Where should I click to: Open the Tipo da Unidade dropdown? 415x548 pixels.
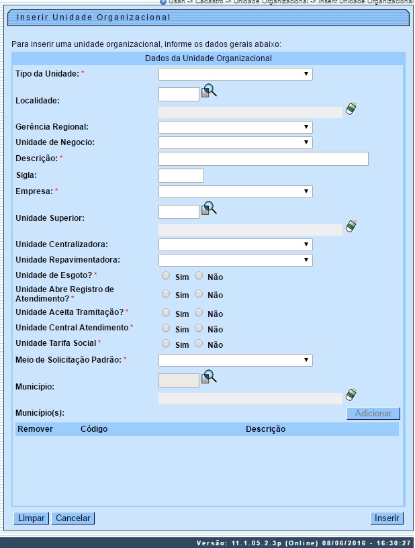pyautogui.click(x=235, y=74)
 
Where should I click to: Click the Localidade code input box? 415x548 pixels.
pyautogui.click(x=179, y=94)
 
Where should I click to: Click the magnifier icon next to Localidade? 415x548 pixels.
pyautogui.click(x=210, y=91)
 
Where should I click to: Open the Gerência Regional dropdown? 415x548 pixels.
pyautogui.click(x=235, y=127)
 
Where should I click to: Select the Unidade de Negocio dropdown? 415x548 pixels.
pyautogui.click(x=235, y=142)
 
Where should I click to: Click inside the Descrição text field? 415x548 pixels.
pyautogui.click(x=263, y=158)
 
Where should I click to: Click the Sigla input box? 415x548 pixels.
pyautogui.click(x=181, y=175)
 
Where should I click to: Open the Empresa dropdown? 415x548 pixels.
pyautogui.click(x=235, y=191)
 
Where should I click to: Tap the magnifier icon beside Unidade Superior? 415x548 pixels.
pyautogui.click(x=210, y=208)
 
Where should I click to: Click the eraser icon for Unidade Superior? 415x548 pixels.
pyautogui.click(x=351, y=226)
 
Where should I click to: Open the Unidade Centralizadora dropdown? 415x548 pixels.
pyautogui.click(x=235, y=244)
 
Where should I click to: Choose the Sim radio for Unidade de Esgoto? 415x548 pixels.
pyautogui.click(x=166, y=275)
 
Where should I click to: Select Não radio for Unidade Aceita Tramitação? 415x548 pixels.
pyautogui.click(x=199, y=312)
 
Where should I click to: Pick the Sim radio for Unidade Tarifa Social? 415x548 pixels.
pyautogui.click(x=166, y=343)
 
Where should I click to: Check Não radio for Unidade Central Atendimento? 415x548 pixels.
pyautogui.click(x=199, y=328)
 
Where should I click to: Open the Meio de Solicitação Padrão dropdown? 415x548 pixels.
pyautogui.click(x=235, y=361)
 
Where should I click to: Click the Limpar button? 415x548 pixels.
pyautogui.click(x=31, y=518)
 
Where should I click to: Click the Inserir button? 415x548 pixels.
pyautogui.click(x=387, y=518)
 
